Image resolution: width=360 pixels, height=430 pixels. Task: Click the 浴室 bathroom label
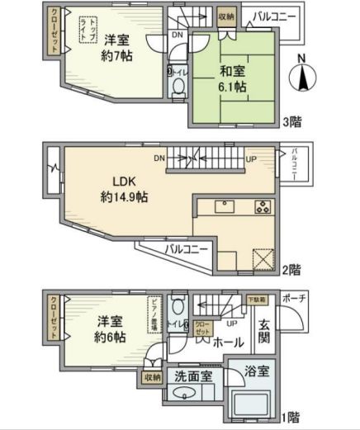[x=257, y=372]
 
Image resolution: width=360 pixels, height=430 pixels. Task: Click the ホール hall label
[x=228, y=340]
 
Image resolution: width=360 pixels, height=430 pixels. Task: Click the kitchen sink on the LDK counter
[x=224, y=206]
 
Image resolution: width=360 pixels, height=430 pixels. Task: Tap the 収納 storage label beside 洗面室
[x=152, y=377]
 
